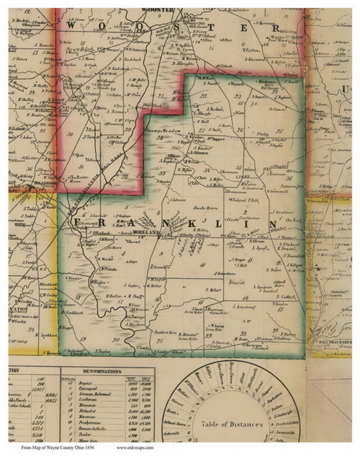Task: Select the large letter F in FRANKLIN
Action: pos(74,224)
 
